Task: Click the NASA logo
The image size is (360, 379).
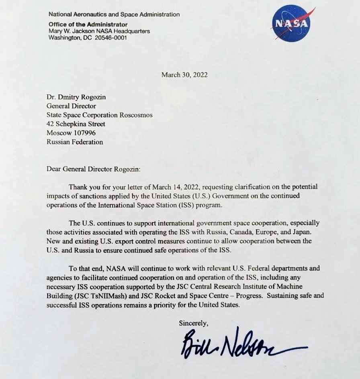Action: click(x=291, y=23)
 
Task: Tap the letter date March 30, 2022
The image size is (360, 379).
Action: click(x=184, y=75)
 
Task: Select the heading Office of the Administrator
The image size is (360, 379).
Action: click(x=88, y=24)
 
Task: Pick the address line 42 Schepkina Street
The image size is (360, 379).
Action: click(x=76, y=124)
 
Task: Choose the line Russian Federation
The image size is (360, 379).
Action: click(x=75, y=142)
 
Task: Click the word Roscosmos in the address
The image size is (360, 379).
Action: click(x=136, y=115)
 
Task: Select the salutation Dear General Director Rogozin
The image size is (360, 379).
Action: click(x=94, y=169)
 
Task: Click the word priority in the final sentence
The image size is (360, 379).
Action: click(x=164, y=305)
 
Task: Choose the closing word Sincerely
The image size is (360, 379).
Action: click(x=193, y=323)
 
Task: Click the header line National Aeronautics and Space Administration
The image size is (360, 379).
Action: click(x=114, y=14)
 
